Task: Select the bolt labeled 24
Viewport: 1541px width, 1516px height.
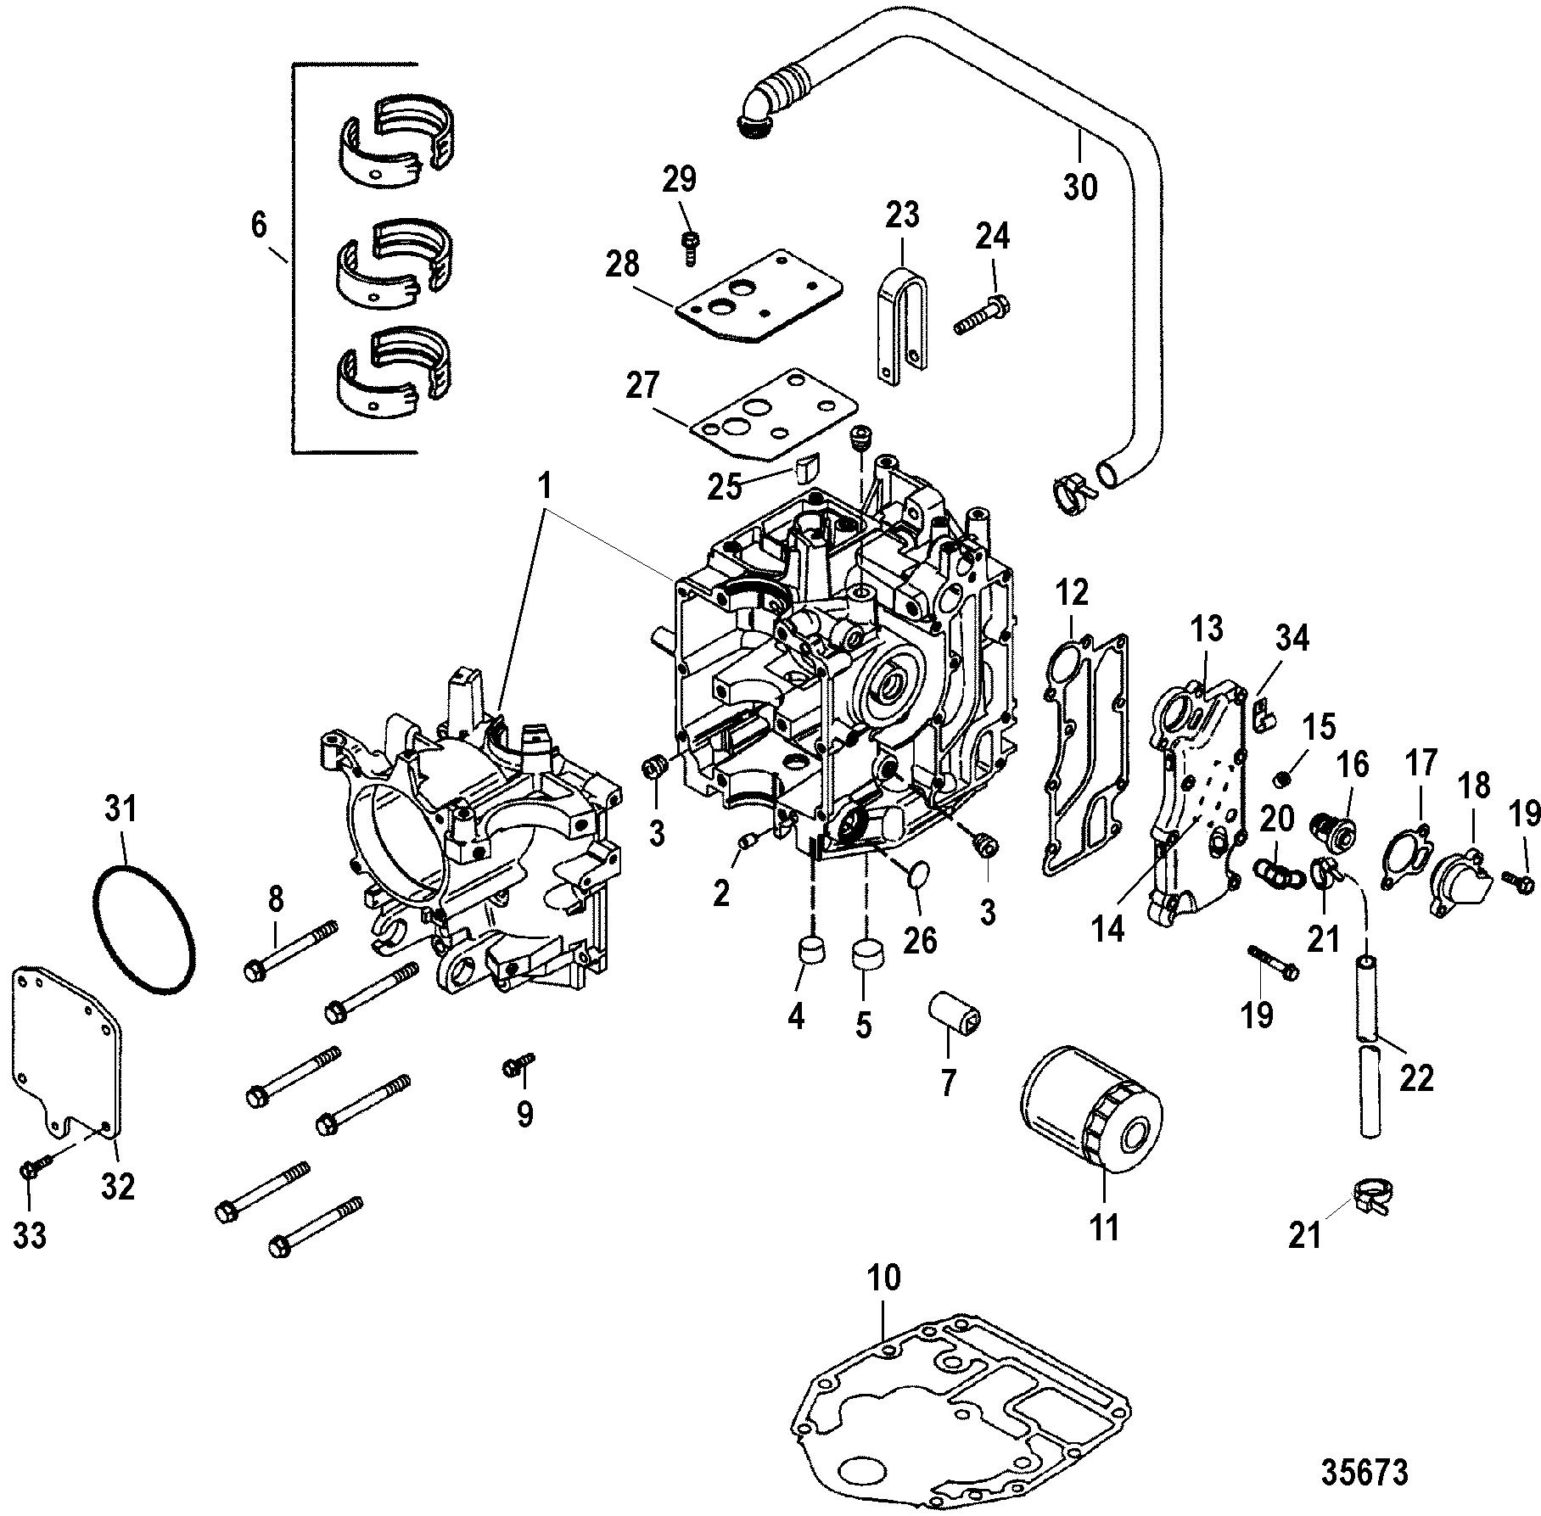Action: tap(982, 315)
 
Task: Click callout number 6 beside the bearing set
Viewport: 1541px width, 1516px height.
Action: tap(259, 225)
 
